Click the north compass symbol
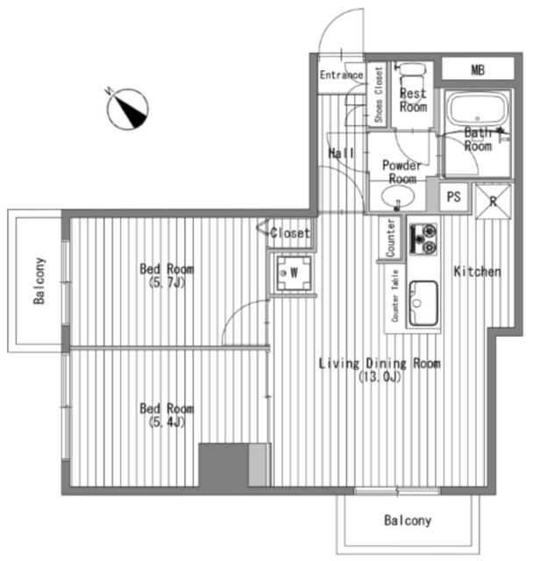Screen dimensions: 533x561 coord(127,109)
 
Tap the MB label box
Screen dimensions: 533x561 coord(478,69)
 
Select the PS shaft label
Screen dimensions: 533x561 coord(453,196)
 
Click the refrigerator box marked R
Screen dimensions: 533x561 coord(494,202)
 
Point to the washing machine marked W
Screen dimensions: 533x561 coord(294,273)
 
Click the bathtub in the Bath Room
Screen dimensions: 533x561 coord(478,109)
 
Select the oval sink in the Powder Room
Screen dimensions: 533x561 coord(398,196)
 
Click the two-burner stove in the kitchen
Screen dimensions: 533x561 coord(423,239)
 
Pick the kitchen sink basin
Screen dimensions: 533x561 coord(423,303)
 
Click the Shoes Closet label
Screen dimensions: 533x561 coord(379,95)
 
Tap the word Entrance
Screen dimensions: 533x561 coord(341,75)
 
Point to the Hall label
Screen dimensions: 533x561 coord(341,153)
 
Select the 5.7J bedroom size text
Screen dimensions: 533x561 coord(167,283)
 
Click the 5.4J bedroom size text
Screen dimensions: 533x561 coord(167,423)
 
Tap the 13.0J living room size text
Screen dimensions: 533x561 coord(380,377)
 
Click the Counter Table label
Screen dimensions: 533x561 coord(394,295)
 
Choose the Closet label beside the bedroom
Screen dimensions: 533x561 coord(290,233)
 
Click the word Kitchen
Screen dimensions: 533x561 coord(477,272)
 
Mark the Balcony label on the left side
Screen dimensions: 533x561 coord(39,280)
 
